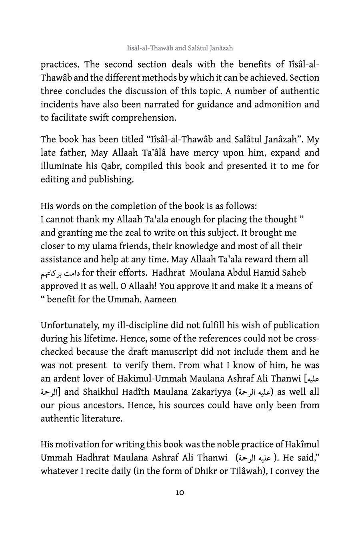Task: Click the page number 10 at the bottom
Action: coord(180,492)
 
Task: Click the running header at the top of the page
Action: coord(180,48)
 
